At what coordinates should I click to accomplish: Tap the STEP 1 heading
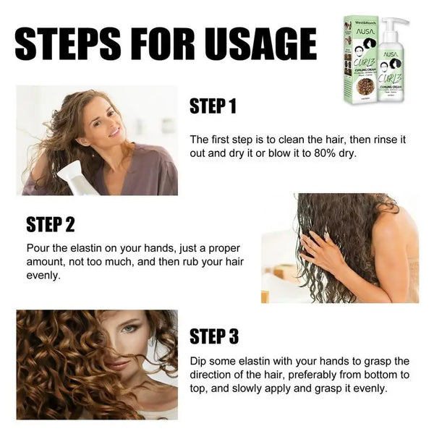[x=213, y=107]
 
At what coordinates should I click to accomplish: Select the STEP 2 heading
[x=51, y=224]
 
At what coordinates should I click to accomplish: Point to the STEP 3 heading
[x=214, y=336]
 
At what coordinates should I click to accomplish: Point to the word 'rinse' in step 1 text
[x=380, y=139]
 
